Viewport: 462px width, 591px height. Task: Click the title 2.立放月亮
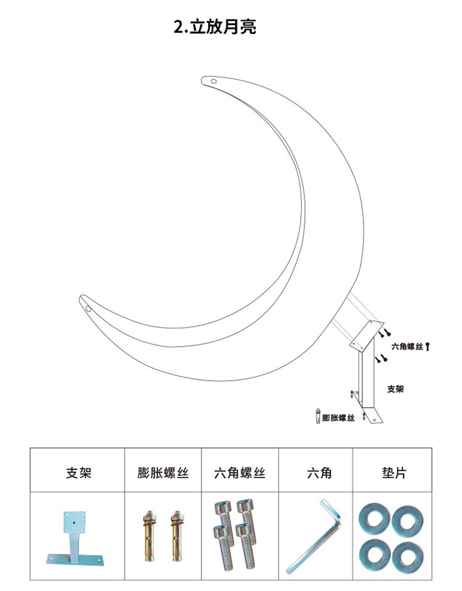[215, 27]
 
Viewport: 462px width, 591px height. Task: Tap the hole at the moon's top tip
[214, 80]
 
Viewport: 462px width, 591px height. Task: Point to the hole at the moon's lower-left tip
[88, 307]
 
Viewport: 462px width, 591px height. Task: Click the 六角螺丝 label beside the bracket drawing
[407, 347]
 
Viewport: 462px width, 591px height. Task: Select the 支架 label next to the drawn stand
[395, 389]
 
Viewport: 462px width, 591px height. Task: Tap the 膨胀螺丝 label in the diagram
[338, 418]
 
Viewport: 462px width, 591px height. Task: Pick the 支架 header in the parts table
[78, 473]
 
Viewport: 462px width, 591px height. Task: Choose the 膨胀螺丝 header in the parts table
[163, 473]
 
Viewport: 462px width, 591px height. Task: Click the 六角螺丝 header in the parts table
[240, 473]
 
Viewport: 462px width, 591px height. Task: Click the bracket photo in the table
[74, 537]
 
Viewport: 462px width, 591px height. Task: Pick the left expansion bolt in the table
[149, 535]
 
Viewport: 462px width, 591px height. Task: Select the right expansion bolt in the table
[177, 535]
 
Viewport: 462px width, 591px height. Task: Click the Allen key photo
[315, 537]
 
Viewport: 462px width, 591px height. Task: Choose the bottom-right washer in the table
[407, 553]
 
